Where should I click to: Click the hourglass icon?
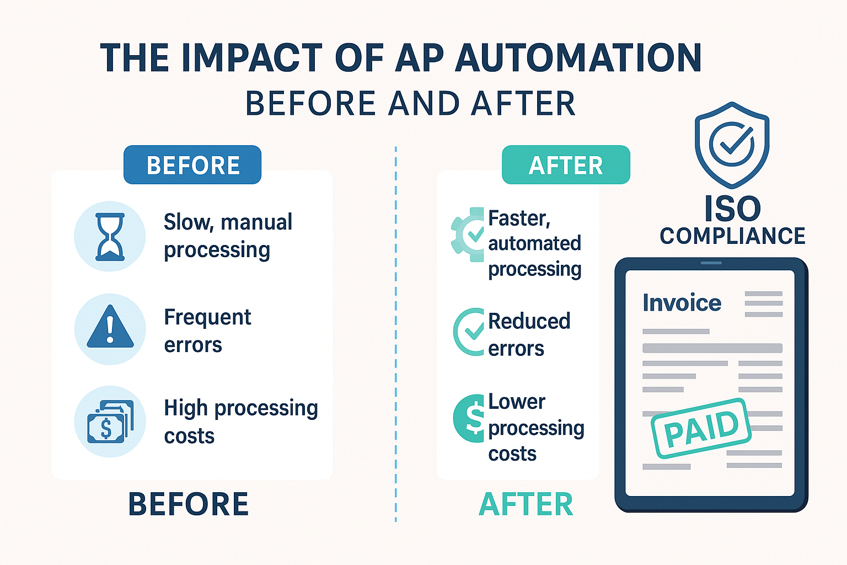(x=110, y=237)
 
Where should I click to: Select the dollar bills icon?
(x=110, y=422)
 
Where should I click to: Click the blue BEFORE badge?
(x=192, y=165)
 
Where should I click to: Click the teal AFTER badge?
(x=566, y=165)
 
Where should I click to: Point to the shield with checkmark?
(x=732, y=144)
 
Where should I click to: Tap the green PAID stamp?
(x=701, y=428)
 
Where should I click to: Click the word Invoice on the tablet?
(x=682, y=303)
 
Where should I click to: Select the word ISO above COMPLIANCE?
(x=732, y=209)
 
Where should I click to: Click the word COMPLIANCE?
(x=732, y=236)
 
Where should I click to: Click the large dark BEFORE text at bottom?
(x=189, y=504)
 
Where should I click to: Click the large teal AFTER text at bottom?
(x=526, y=504)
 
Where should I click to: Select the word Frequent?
(x=207, y=317)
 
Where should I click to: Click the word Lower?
(x=517, y=402)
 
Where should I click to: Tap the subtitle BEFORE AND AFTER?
(x=410, y=104)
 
